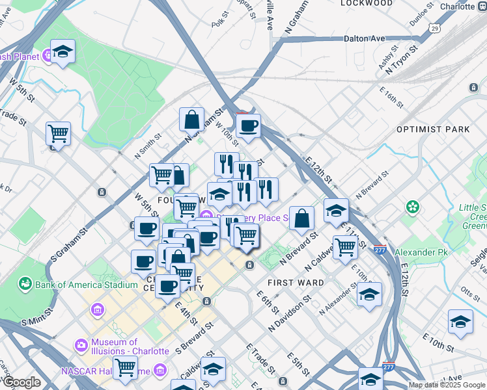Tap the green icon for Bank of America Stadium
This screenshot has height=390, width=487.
pyautogui.click(x=25, y=284)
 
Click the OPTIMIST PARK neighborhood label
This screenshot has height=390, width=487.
pyautogui.click(x=433, y=129)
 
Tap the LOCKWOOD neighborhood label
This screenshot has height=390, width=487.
pyautogui.click(x=367, y=3)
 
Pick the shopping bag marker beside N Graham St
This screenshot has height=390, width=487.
pyautogui.click(x=192, y=120)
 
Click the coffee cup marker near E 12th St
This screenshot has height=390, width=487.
pyautogui.click(x=247, y=125)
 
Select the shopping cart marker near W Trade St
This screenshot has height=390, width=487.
pyautogui.click(x=58, y=134)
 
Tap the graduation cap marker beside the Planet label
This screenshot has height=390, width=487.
pyautogui.click(x=63, y=51)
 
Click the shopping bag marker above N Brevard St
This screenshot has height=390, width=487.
pyautogui.click(x=301, y=218)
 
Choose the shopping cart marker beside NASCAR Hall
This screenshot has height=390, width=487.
pyautogui.click(x=124, y=368)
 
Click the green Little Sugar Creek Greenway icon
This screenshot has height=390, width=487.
pyautogui.click(x=412, y=207)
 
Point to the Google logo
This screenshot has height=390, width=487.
pyautogui.click(x=21, y=382)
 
